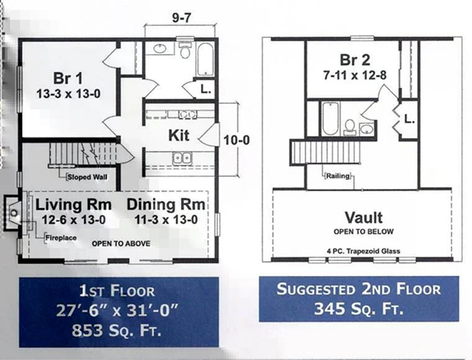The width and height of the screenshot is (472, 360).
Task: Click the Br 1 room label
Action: tap(67, 78)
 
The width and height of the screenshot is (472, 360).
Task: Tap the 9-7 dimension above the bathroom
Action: tap(181, 18)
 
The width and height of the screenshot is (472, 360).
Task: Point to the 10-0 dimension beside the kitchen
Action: tap(237, 140)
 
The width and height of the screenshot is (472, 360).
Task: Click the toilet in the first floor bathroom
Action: tap(184, 51)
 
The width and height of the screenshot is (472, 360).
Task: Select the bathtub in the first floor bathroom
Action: tap(205, 59)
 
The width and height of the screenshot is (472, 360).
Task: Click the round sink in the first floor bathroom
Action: tap(159, 48)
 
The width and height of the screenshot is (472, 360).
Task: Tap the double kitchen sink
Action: tap(182, 158)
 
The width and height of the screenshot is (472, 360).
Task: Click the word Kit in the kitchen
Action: tap(179, 135)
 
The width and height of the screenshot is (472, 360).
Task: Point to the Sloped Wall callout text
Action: tap(87, 177)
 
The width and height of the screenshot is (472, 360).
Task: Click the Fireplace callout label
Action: tap(61, 238)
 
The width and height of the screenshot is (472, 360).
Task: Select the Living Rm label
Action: tap(74, 205)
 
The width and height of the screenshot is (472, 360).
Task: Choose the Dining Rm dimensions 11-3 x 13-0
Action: tap(166, 220)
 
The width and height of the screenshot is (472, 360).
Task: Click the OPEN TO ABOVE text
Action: tap(121, 244)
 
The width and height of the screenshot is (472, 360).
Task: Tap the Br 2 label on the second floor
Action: tap(355, 60)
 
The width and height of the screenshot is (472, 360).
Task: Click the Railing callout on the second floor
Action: tap(338, 175)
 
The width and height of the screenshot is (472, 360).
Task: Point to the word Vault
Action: tap(364, 218)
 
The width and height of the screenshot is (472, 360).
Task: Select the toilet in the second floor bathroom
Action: tap(350, 126)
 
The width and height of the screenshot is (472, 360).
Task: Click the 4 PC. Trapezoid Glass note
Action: tap(363, 251)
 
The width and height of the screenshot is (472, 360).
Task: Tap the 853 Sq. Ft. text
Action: tap(116, 331)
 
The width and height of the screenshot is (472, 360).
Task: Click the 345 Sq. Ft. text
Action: tap(359, 309)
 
